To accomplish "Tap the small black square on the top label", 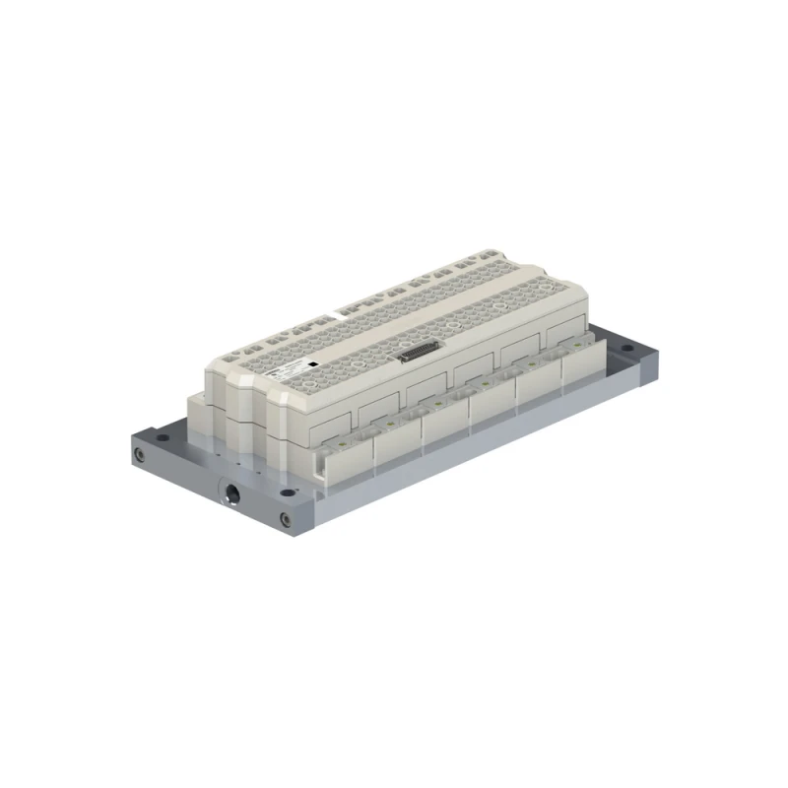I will point(311,363).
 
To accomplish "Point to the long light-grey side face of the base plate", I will point(473,463).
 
